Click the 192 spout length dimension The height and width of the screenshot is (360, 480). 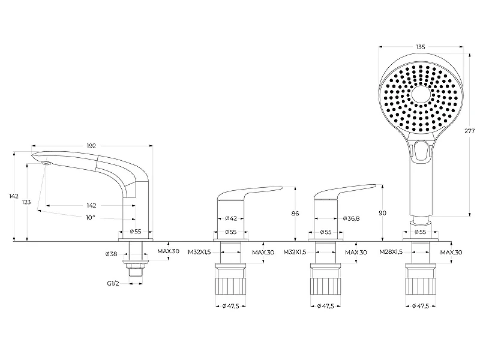pos(91,146)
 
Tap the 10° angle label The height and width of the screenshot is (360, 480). pos(91,218)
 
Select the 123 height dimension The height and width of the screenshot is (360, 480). pos(26,202)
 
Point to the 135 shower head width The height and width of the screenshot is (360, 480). pos(421,47)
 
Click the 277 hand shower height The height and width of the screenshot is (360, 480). pos(470,131)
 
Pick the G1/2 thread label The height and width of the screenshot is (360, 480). pos(113,283)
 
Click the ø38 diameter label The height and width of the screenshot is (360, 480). pos(112,254)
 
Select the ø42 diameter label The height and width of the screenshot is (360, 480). pos(231,218)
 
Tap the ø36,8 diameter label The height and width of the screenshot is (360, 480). pos(351,218)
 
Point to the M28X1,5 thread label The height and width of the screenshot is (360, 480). pos(391,252)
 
